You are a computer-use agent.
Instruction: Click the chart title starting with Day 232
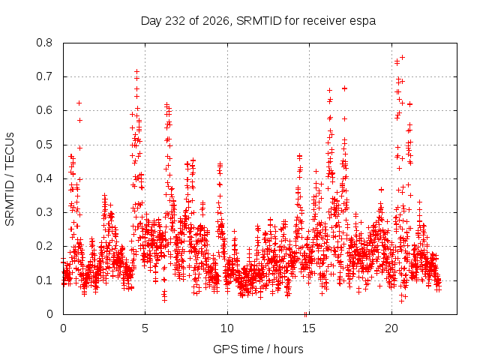point(258,21)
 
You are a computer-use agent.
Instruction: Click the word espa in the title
point(364,22)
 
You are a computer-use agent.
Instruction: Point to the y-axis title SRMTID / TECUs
point(10,179)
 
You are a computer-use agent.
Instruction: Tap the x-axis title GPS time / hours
point(258,349)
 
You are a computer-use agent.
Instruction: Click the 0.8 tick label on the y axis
point(44,43)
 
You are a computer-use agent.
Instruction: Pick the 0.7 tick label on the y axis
point(44,76)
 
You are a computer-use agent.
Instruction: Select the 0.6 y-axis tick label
point(44,110)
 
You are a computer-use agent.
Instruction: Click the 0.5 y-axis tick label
point(44,145)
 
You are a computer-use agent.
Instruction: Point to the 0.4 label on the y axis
point(44,178)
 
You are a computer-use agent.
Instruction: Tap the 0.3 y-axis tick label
point(44,212)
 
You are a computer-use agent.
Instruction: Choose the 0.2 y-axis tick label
point(44,246)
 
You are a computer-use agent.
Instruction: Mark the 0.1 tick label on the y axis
point(44,280)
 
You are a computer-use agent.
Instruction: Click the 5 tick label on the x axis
point(145,328)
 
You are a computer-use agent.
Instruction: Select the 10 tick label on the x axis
point(227,328)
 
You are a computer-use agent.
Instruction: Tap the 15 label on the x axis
point(309,328)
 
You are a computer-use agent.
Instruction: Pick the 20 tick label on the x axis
point(391,328)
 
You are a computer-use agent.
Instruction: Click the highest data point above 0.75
point(403,57)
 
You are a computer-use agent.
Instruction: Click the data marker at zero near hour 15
point(305,314)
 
